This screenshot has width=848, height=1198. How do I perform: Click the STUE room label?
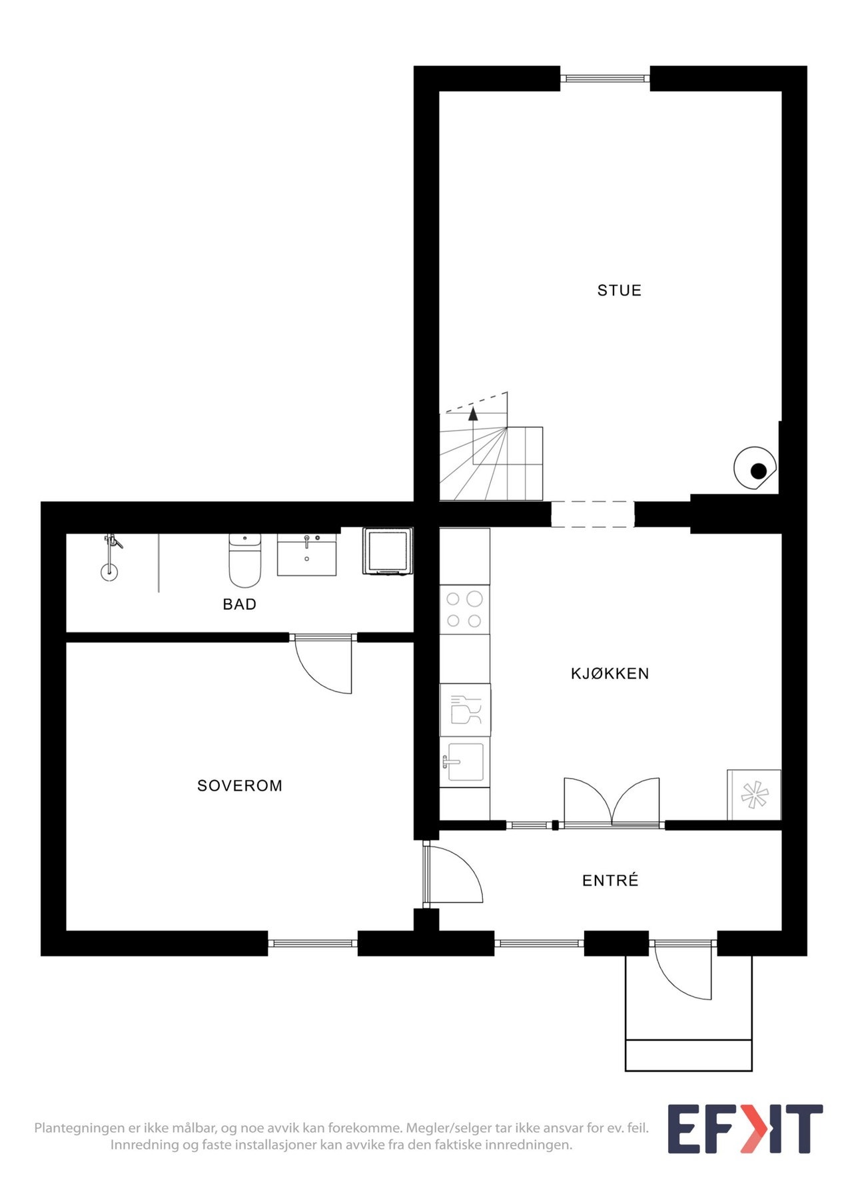(x=619, y=290)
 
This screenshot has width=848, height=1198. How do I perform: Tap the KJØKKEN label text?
(x=610, y=674)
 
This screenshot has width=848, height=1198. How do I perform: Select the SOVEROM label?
(x=240, y=785)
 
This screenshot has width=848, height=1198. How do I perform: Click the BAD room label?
(x=240, y=604)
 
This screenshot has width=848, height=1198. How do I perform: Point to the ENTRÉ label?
(x=610, y=881)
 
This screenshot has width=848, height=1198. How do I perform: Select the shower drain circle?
(x=109, y=571)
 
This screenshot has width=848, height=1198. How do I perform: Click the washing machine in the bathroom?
(x=387, y=550)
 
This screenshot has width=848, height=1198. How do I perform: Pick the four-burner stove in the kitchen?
(x=464, y=610)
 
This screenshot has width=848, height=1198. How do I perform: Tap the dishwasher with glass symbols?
(x=465, y=709)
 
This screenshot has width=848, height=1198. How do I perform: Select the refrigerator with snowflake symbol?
(x=754, y=795)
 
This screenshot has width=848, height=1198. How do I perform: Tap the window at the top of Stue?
(x=605, y=79)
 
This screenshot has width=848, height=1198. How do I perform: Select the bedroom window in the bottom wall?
(x=312, y=943)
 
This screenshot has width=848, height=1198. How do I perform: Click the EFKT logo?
(x=745, y=1129)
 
